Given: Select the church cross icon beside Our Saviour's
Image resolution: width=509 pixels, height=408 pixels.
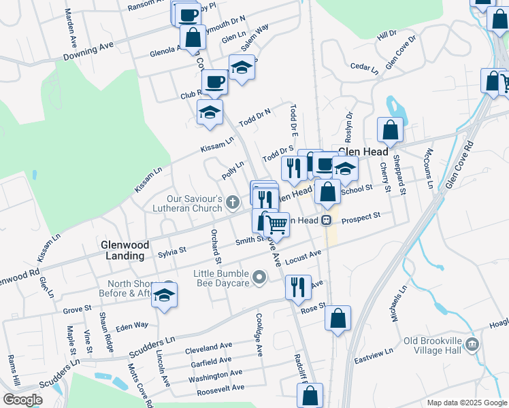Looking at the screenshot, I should (233, 202).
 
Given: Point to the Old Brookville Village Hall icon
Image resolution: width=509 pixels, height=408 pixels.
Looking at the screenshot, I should (474, 345).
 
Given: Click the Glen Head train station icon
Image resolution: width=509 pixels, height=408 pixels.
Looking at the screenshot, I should (327, 220).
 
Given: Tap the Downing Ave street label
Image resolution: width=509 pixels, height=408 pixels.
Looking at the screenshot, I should (88, 50).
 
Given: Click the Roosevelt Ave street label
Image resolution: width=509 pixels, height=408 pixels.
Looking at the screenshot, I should (216, 388).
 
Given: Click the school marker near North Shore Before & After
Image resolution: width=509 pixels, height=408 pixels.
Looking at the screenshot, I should (163, 295).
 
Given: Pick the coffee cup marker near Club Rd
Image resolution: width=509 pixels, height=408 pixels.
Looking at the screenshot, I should (215, 82).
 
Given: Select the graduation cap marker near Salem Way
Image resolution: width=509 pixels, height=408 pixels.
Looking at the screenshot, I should (242, 67).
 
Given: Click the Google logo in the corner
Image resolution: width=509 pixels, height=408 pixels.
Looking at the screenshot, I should (22, 400).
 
